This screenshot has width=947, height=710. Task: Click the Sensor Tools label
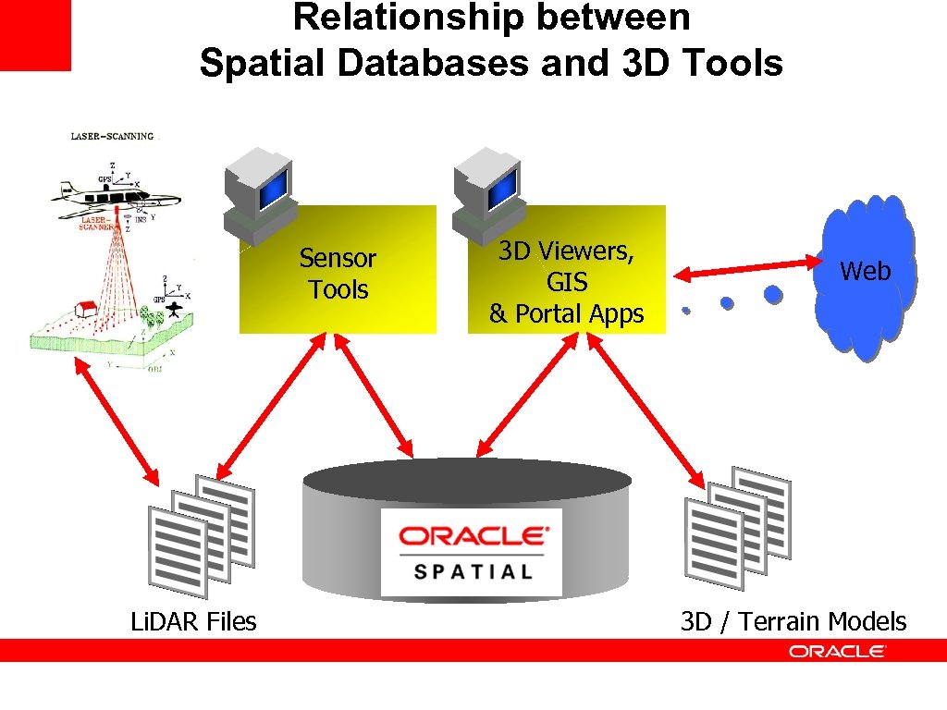point(338,274)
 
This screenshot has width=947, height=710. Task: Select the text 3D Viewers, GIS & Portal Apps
point(566,282)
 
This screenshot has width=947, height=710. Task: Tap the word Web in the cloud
point(865,271)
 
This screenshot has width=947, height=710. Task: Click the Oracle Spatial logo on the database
point(472,552)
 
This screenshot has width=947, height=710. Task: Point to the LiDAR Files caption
point(193,621)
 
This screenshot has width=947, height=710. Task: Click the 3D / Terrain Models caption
point(793,621)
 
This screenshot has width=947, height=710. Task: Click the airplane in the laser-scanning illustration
point(111,193)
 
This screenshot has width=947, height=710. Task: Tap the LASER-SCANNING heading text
point(113,136)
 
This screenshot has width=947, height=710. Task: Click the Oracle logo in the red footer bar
point(837,651)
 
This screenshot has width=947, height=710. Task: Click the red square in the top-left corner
point(34,34)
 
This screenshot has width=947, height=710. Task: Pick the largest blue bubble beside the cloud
point(773,294)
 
